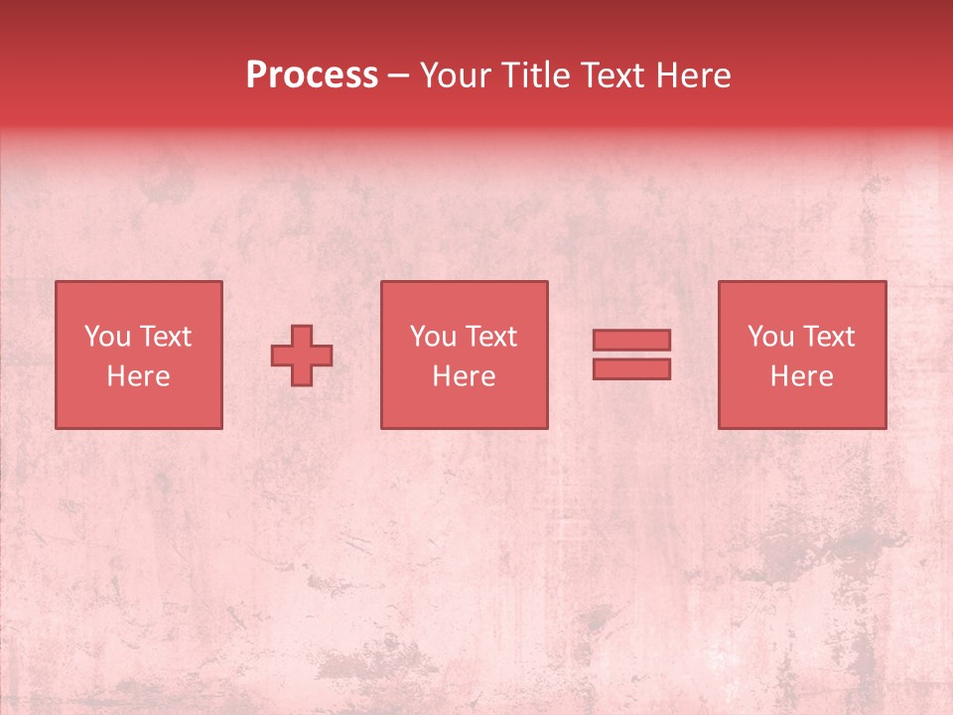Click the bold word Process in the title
(312, 75)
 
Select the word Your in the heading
(455, 75)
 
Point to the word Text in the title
(611, 75)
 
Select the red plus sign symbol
(302, 356)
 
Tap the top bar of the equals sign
(631, 340)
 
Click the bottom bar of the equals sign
(631, 368)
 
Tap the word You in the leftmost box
(108, 337)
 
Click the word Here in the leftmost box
(139, 376)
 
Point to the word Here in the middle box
(465, 376)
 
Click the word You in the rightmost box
(771, 337)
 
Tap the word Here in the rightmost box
(802, 376)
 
